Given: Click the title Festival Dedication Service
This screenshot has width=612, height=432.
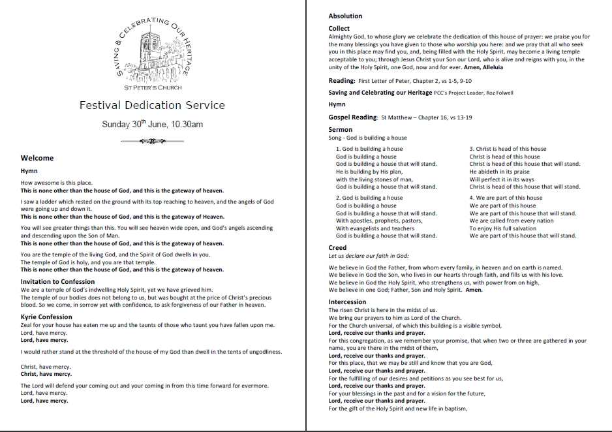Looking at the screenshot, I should (152, 105).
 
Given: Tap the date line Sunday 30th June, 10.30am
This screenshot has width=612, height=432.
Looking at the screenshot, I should (152, 124).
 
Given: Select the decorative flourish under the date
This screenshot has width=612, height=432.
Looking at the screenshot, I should (152, 140).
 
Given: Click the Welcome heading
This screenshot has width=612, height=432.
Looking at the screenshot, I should (37, 158).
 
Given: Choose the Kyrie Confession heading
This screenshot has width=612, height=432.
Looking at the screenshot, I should (46, 316).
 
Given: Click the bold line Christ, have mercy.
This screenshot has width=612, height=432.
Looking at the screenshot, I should (46, 375).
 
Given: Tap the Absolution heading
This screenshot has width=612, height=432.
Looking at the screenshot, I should (345, 16).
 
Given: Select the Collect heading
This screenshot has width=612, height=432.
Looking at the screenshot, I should (339, 29).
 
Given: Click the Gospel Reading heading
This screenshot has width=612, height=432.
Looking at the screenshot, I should (353, 117).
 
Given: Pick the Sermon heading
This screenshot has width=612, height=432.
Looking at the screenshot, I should (341, 130).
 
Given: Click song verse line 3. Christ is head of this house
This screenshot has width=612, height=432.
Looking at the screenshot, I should (508, 149).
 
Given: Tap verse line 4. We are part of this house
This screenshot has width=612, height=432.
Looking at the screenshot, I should (506, 198).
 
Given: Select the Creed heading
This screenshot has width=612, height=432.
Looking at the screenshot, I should (338, 248).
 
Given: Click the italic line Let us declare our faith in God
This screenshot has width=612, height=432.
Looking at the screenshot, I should (369, 256).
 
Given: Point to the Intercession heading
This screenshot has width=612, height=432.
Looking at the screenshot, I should (348, 302).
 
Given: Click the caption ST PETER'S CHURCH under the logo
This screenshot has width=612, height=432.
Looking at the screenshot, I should (153, 87).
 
